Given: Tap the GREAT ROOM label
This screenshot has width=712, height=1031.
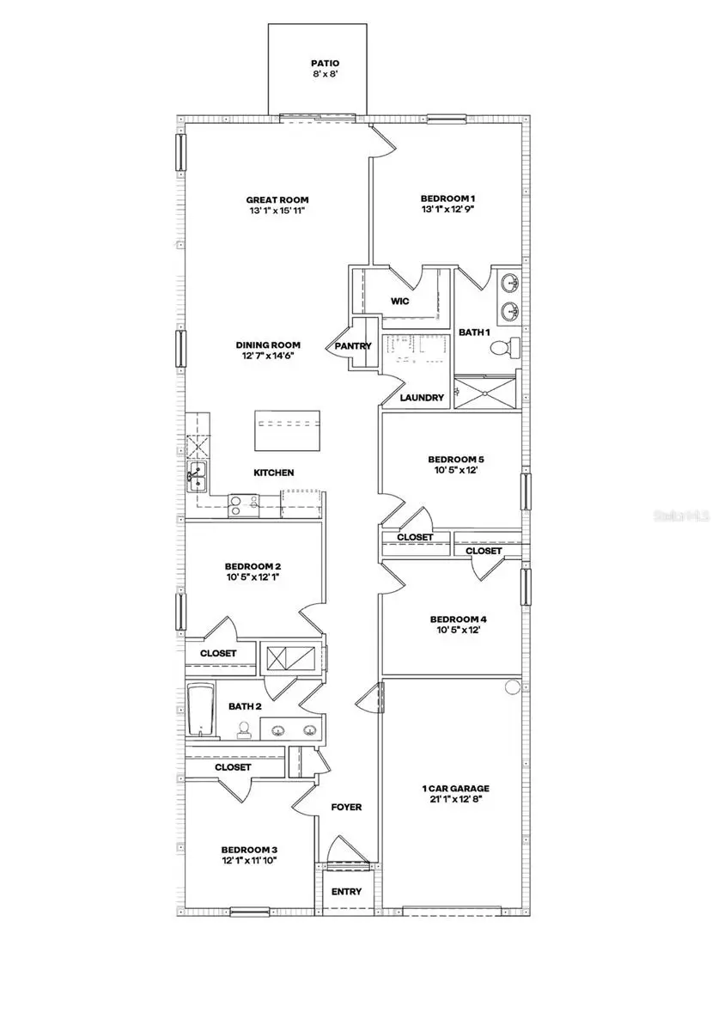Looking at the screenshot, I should (277, 200).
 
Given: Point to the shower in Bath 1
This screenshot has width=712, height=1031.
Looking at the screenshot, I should (487, 391).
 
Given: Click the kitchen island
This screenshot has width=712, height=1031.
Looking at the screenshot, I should (288, 430).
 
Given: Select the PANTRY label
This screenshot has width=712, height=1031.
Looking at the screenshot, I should (353, 346).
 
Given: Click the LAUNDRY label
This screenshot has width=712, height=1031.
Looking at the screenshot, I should (423, 398).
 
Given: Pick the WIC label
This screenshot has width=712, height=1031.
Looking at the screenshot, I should (399, 302).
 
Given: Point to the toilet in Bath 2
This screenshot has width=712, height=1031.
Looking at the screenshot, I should (245, 730).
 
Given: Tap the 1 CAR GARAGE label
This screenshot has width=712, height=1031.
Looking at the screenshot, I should (451, 788).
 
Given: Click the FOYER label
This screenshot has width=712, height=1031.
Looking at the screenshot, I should (346, 807).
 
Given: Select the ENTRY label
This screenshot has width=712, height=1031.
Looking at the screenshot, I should (346, 891).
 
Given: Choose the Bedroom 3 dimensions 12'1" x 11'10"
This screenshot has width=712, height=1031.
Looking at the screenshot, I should (249, 860).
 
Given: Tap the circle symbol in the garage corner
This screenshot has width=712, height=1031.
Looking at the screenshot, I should (513, 687).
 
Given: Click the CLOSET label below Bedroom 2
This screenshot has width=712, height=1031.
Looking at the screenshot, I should (218, 653).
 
